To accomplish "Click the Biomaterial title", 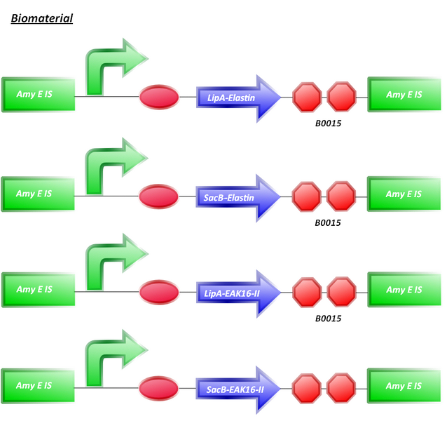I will pos(42,18).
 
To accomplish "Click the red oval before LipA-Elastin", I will pos(160,97).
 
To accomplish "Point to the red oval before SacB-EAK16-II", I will pos(158,387).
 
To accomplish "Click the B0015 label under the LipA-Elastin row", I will pos(327,123).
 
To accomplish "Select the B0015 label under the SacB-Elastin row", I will pos(327,223).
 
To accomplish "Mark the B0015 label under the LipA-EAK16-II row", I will pos(327,318).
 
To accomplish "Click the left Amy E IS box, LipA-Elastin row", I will pos(38,95).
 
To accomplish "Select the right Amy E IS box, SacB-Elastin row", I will pos(404,194).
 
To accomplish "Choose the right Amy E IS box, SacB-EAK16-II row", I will pos(404,387).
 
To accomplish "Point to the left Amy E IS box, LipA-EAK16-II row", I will pos(38,290).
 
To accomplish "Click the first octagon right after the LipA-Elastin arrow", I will pos(307,97).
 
